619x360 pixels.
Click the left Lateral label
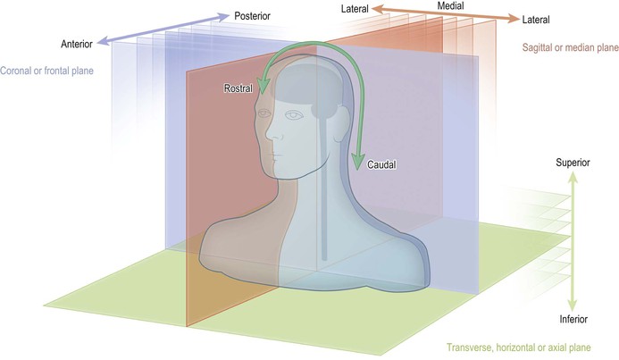pyautogui.click(x=356, y=10)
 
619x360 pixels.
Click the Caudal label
pyautogui.click(x=381, y=165)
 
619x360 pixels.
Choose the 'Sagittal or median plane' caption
pyautogui.click(x=569, y=46)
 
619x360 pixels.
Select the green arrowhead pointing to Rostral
pyautogui.click(x=261, y=87)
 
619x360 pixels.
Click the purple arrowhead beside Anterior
pyautogui.click(x=101, y=38)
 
